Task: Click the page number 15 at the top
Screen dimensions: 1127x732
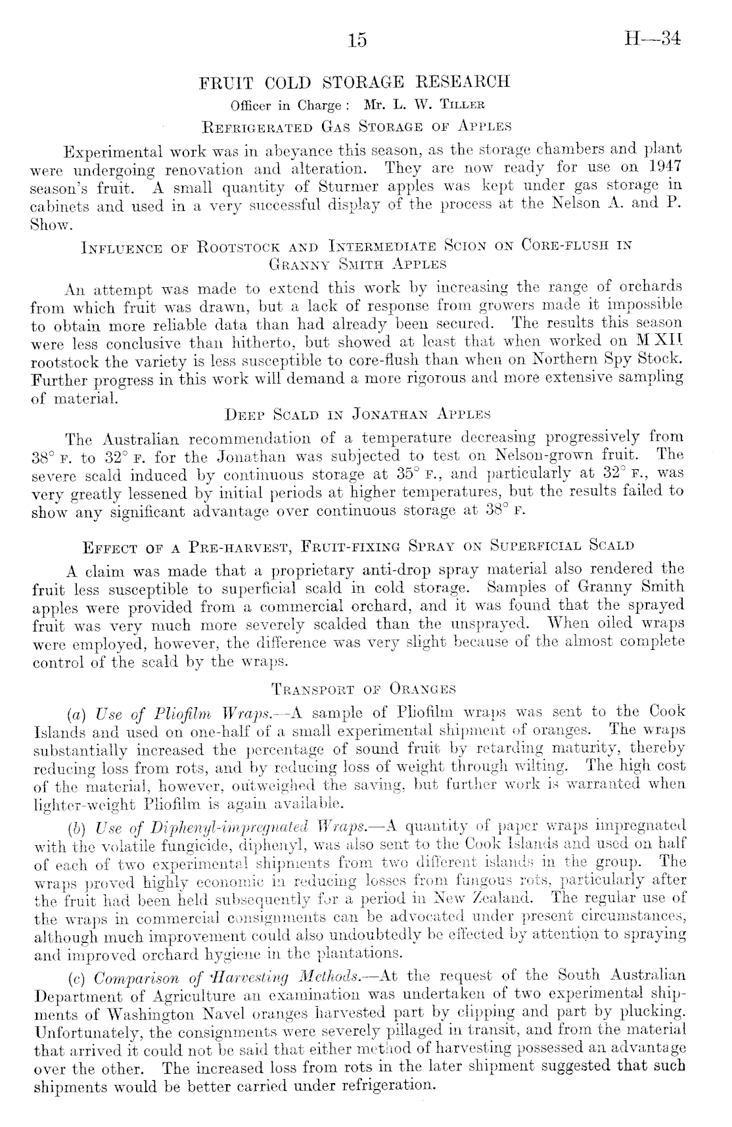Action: click(x=357, y=41)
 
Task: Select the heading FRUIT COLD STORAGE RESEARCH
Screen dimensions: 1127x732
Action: click(x=355, y=83)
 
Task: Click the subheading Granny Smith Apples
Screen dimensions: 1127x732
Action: click(x=358, y=264)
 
